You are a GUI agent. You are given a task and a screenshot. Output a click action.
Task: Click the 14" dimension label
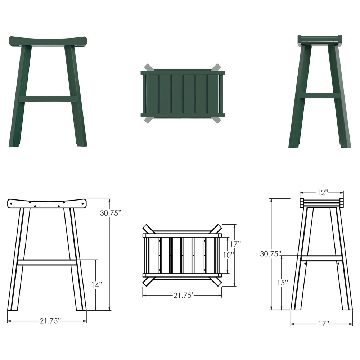click(x=96, y=285)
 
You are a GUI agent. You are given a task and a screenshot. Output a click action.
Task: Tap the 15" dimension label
click(x=283, y=283)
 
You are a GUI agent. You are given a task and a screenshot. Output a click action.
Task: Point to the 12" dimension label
click(x=322, y=193)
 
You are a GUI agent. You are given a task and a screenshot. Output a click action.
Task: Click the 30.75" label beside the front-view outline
click(x=111, y=213)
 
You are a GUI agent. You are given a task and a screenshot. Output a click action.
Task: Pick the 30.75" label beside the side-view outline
click(x=271, y=253)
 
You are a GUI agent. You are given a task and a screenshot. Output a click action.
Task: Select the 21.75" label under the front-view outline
click(x=50, y=321)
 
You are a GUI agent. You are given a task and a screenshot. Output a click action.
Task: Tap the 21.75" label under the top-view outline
click(x=184, y=295)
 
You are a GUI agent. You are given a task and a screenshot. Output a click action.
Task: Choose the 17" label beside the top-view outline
click(x=235, y=244)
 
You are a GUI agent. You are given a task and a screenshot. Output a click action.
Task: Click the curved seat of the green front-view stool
click(x=48, y=41)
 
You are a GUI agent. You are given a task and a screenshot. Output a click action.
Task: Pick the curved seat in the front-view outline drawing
click(x=47, y=204)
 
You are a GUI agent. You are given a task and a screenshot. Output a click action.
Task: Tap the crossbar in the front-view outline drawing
click(x=47, y=262)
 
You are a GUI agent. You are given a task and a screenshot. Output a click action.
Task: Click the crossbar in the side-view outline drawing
click(x=321, y=258)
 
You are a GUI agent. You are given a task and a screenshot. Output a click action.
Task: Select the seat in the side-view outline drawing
click(x=322, y=202)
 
